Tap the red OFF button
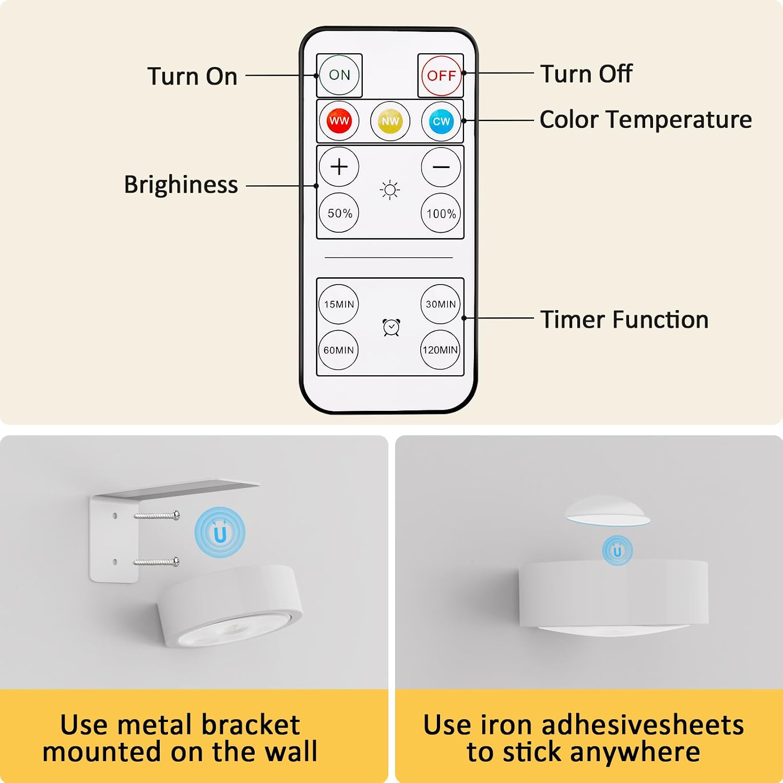point(441,76)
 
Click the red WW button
point(339,121)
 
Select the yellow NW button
point(390,121)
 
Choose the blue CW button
point(441,121)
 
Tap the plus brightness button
point(339,167)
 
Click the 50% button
point(339,213)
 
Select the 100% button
point(441,213)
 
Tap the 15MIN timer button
point(339,304)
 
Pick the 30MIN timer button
point(441,304)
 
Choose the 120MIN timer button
point(441,350)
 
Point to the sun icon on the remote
point(390,190)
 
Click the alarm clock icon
point(391,327)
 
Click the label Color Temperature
point(646,120)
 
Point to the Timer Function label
point(624,319)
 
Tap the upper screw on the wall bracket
point(157,516)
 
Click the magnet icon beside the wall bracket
point(220,533)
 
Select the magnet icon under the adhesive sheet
point(618,551)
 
